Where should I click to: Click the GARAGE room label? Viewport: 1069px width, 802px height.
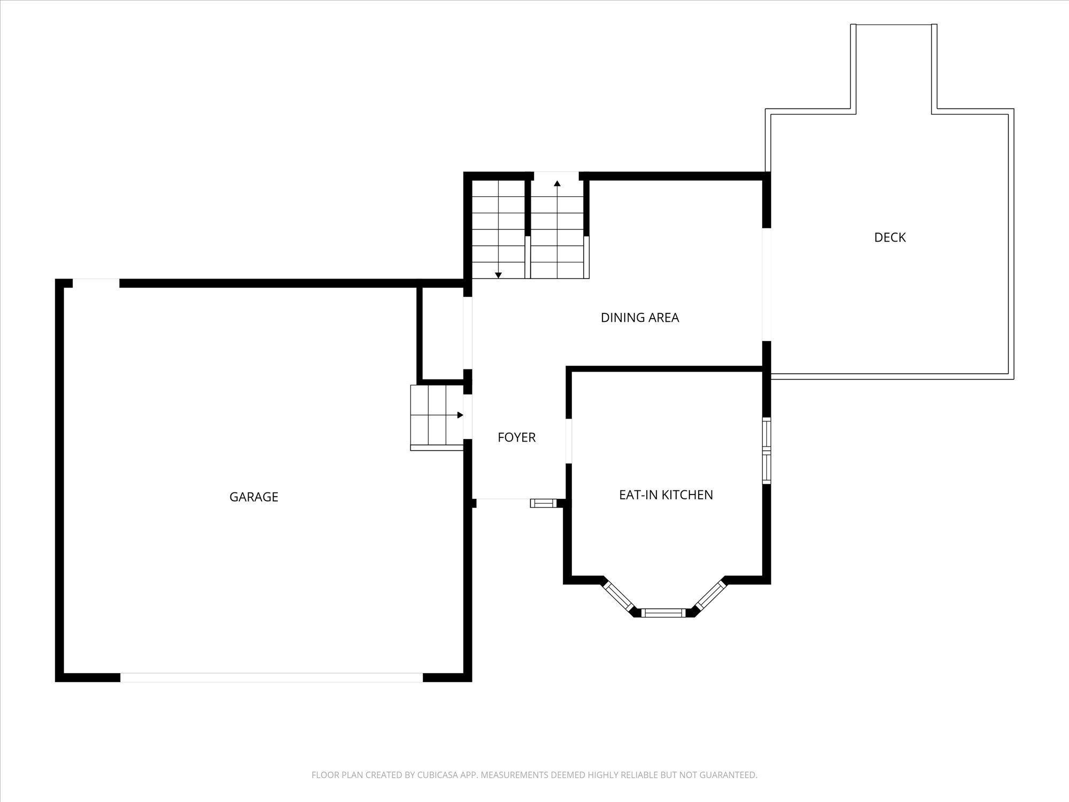point(254,497)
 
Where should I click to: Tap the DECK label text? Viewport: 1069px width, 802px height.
point(890,237)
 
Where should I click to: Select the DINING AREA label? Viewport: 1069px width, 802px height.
point(640,318)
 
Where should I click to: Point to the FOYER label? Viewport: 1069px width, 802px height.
point(516,437)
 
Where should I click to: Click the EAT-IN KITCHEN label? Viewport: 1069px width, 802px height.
point(666,495)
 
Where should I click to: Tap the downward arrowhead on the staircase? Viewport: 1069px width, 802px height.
point(498,275)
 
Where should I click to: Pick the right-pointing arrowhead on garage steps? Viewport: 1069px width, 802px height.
point(460,415)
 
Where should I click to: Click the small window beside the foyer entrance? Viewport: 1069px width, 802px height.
point(544,503)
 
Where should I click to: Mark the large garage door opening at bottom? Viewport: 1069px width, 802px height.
point(272,677)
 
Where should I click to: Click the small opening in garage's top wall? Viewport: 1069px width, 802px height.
point(96,283)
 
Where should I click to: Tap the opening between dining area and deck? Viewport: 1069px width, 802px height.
point(766,284)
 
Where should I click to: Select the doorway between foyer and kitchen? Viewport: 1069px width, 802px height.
point(569,441)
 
